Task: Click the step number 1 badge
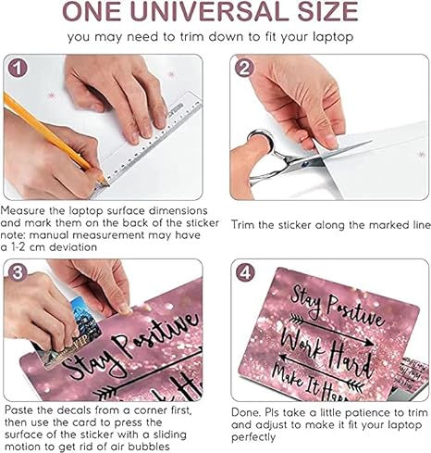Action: (x=18, y=68)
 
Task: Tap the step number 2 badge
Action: (x=244, y=68)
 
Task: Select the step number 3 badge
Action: (x=18, y=272)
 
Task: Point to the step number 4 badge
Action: (x=245, y=272)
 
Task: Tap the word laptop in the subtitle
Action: (x=333, y=37)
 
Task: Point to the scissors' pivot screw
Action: (x=305, y=163)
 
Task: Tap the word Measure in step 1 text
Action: (x=23, y=211)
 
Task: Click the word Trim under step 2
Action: (x=243, y=225)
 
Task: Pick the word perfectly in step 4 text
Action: (x=253, y=437)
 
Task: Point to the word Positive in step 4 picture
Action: (x=354, y=312)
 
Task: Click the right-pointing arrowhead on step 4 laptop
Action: (x=369, y=343)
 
